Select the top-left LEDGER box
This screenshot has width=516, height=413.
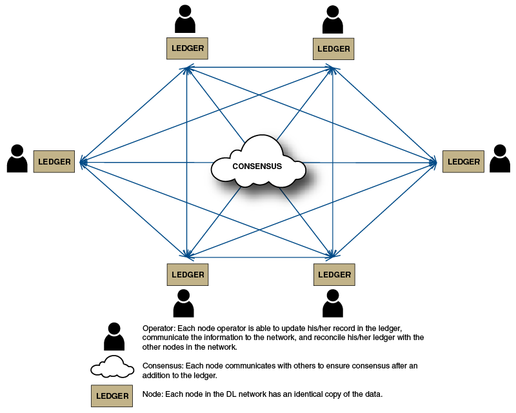(x=188, y=48)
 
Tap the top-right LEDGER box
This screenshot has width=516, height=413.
(x=333, y=48)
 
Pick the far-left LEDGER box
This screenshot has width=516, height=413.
(x=54, y=161)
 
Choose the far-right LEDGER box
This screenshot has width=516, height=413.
(x=464, y=161)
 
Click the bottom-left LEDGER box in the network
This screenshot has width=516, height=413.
(x=188, y=274)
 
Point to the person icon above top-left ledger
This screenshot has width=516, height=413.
(x=185, y=19)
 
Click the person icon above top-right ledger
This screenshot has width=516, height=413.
(x=332, y=19)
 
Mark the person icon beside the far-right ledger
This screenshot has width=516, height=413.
(x=500, y=159)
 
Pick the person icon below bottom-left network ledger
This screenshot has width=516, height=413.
(x=184, y=304)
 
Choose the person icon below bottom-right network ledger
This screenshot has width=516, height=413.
(x=332, y=304)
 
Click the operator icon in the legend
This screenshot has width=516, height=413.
(x=114, y=337)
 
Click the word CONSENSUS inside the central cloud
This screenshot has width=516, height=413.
(x=257, y=166)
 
